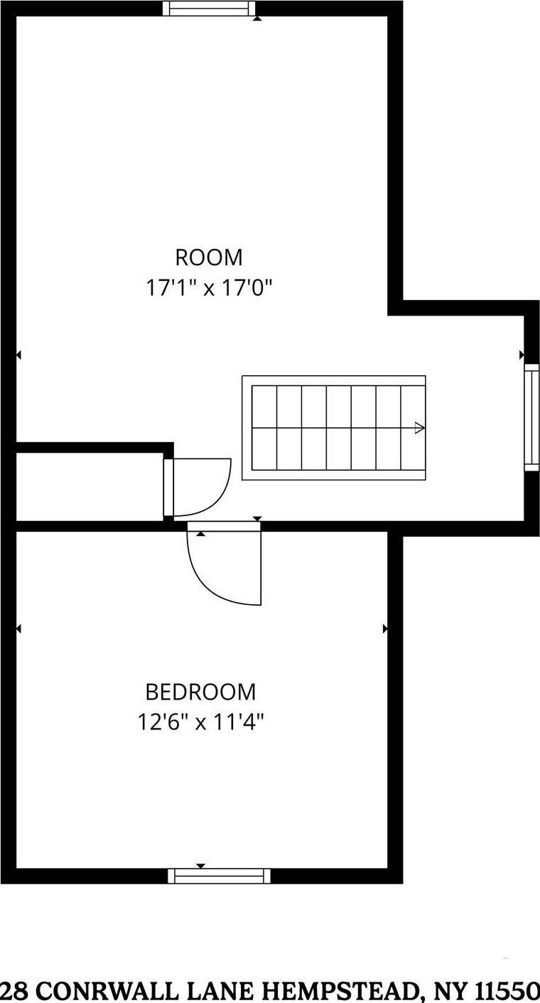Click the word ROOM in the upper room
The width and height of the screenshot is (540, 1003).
209,257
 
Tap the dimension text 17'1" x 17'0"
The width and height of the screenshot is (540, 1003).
210,288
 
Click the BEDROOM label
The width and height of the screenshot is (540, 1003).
200,692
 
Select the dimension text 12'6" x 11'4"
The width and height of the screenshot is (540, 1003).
200,723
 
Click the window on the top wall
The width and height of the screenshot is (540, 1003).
209,9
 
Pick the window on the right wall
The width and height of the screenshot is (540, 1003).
531,417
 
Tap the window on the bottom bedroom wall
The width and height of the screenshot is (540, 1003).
220,876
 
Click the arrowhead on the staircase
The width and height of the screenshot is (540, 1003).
419,428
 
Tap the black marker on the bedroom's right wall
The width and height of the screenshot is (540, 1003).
385,628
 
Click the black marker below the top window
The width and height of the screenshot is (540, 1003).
257,18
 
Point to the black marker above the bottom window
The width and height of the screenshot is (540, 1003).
200,865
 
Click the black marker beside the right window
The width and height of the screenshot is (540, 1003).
522,354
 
